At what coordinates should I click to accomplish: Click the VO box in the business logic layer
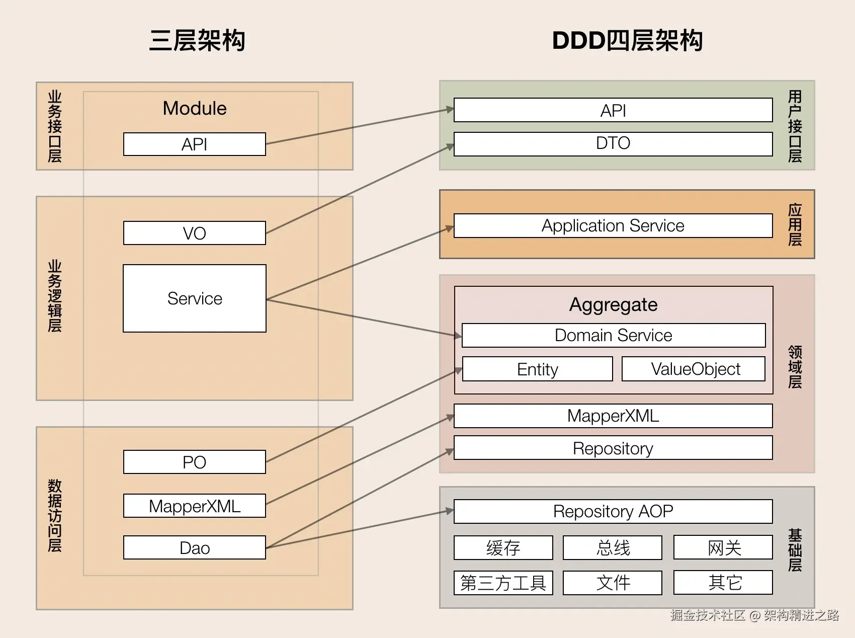point(195,233)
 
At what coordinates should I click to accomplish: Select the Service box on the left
point(195,298)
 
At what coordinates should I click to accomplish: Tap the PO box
point(195,462)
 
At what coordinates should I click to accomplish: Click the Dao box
point(195,547)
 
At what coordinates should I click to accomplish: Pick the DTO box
point(613,144)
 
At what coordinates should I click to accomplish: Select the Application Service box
point(613,225)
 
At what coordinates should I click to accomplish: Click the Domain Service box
point(614,335)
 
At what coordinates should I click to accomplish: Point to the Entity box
point(538,369)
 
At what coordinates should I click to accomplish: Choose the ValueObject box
point(694,369)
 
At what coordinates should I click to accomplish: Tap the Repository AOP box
point(613,511)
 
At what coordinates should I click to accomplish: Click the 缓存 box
point(503,547)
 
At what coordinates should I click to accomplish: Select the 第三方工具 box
point(503,583)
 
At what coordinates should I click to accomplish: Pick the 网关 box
point(723,547)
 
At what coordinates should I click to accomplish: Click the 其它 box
point(723,583)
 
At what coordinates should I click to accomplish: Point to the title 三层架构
point(197,40)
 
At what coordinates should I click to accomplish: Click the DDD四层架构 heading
point(627,40)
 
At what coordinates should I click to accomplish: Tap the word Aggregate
point(614,304)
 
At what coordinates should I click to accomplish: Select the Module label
point(195,108)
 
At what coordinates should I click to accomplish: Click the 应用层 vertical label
point(795,224)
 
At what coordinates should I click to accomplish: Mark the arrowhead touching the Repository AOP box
point(449,511)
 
